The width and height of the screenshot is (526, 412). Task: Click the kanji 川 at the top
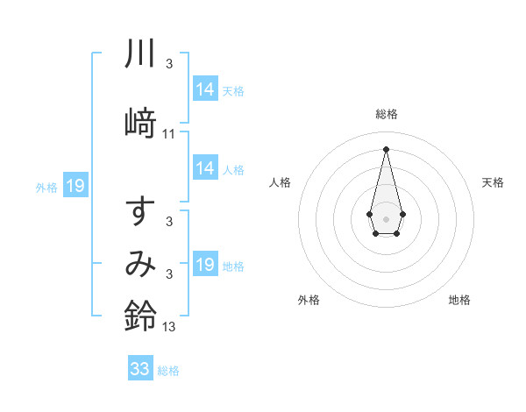(x=140, y=53)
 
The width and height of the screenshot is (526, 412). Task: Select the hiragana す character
(x=140, y=214)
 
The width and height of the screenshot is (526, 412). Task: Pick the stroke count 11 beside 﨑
(x=169, y=134)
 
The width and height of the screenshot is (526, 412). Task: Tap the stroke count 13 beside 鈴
(x=169, y=327)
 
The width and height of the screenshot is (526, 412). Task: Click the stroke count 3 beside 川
(x=169, y=64)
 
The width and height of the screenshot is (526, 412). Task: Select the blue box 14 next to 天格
(x=205, y=89)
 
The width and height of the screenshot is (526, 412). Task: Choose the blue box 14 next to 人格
(x=205, y=168)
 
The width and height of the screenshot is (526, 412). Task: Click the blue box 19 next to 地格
(x=205, y=265)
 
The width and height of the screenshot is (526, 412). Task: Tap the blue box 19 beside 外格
(x=75, y=185)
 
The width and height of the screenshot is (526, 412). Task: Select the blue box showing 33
(x=140, y=369)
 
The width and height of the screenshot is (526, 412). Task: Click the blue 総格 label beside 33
(x=168, y=371)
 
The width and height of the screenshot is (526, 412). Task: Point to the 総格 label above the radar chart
(x=386, y=114)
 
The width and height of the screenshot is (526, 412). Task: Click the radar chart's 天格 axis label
(x=494, y=182)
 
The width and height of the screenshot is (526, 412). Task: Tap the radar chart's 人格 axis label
(x=280, y=182)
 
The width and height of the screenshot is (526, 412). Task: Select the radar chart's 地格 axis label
(x=459, y=300)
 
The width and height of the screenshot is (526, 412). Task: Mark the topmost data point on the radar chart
(x=386, y=148)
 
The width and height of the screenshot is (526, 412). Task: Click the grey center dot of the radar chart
(x=386, y=217)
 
